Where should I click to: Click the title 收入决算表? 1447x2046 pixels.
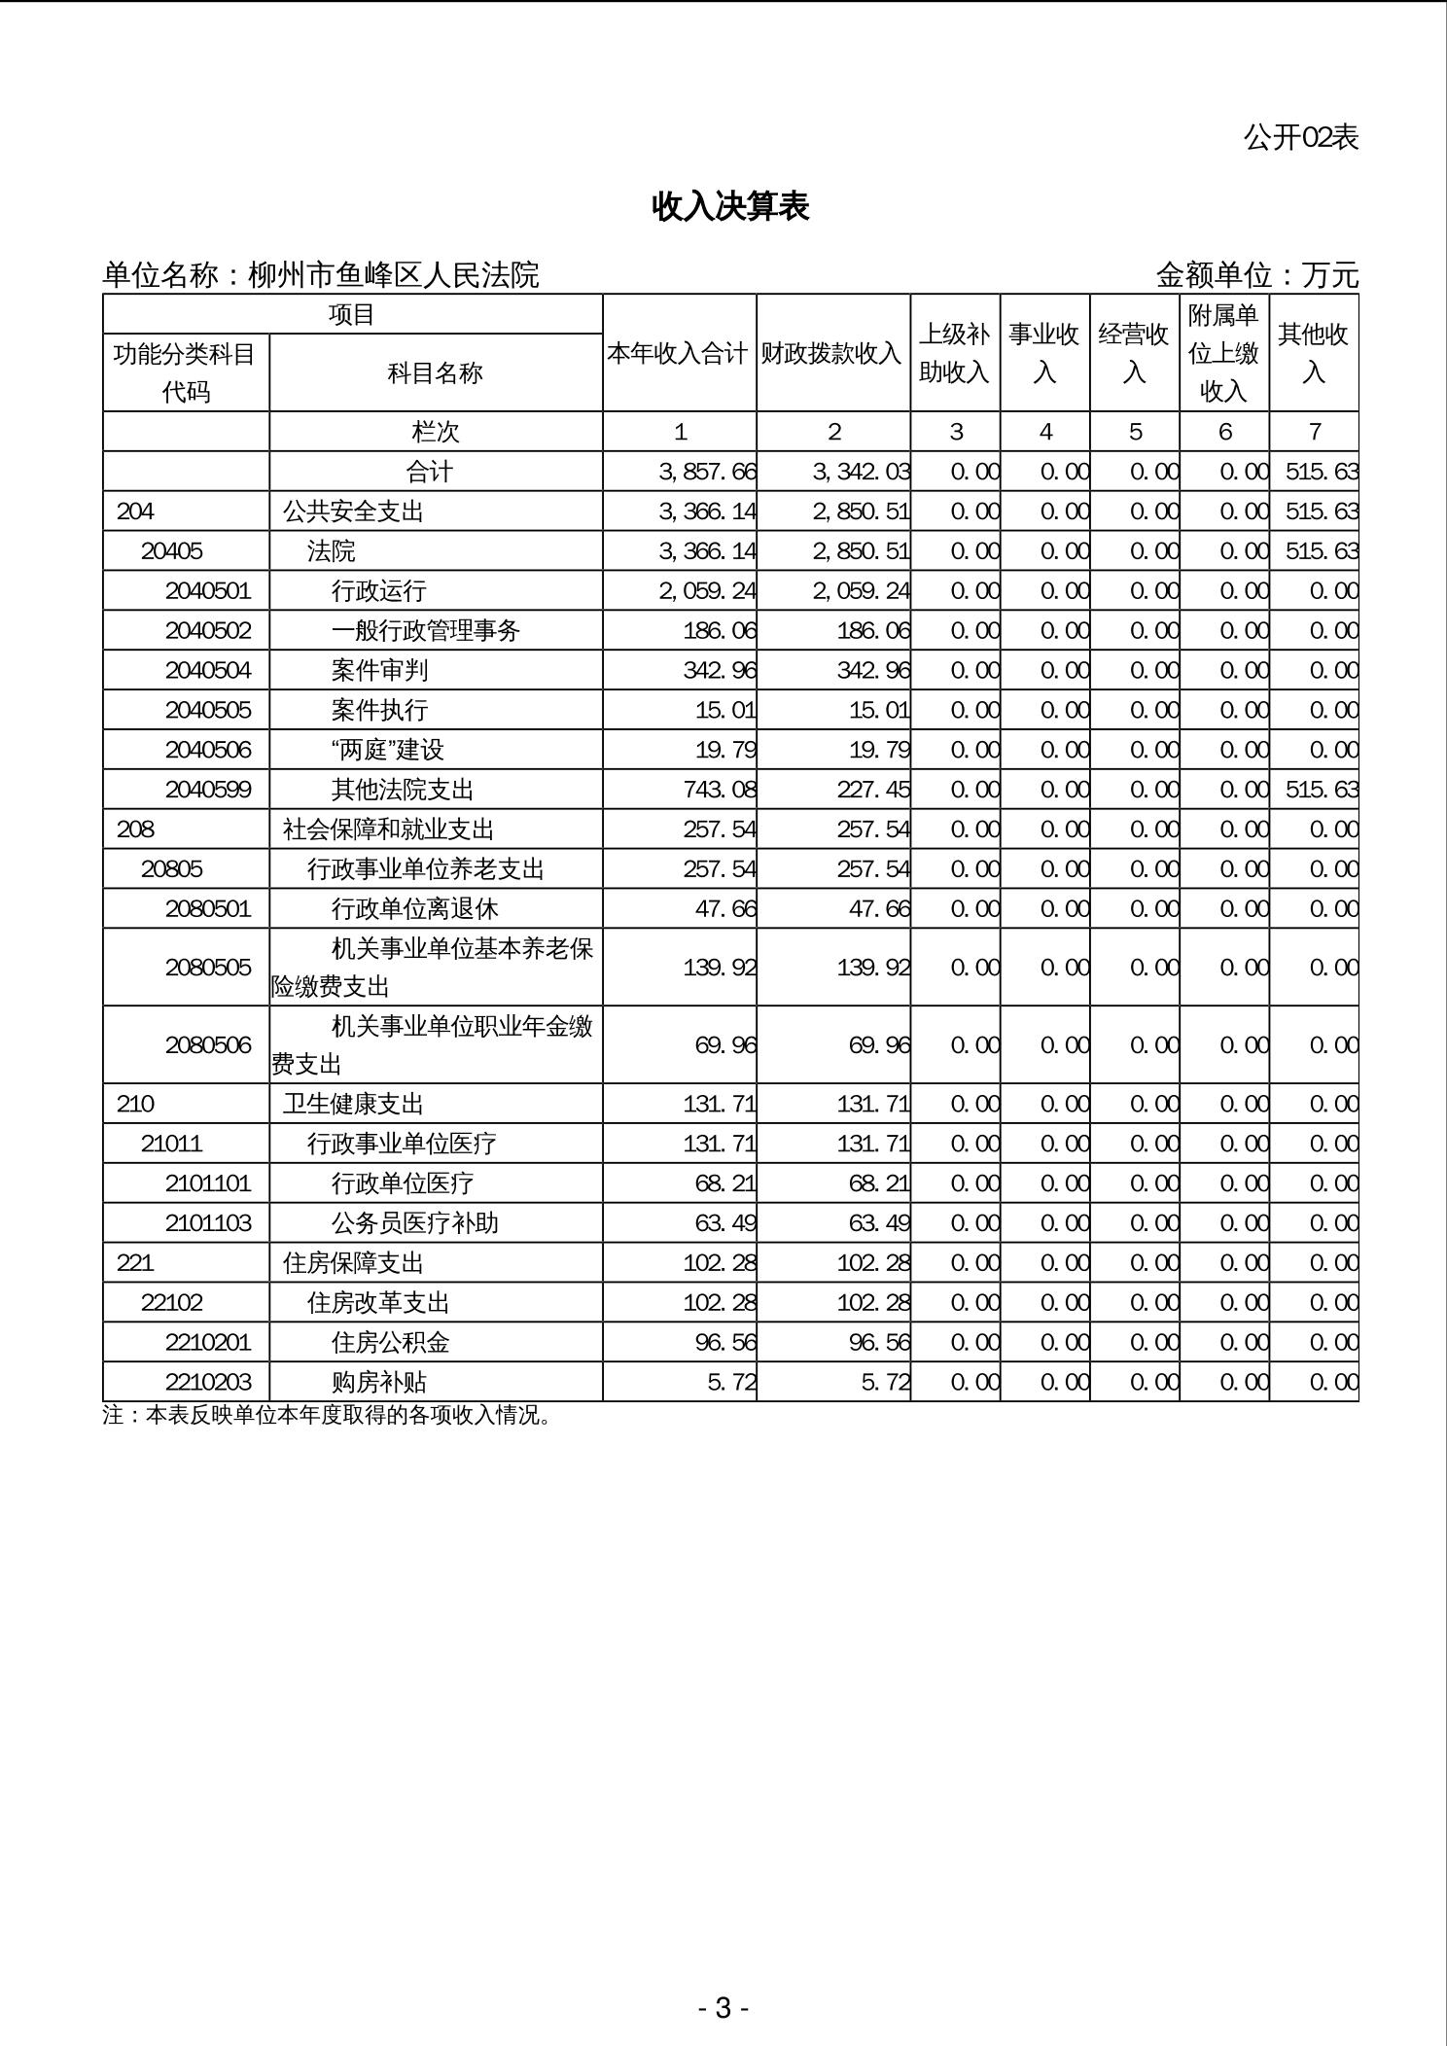click(730, 207)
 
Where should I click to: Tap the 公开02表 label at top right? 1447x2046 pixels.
click(1300, 138)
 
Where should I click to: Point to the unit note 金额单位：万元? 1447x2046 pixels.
click(1256, 276)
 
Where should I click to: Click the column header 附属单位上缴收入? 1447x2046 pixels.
click(1223, 353)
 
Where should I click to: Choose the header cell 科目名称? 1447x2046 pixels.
click(435, 372)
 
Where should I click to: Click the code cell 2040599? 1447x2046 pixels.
click(208, 790)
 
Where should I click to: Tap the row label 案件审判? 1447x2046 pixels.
click(379, 670)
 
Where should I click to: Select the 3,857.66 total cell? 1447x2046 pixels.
click(707, 473)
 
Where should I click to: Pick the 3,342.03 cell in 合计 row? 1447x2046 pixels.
click(862, 473)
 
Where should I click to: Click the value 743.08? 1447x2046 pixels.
click(720, 790)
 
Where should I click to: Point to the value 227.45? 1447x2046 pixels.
click(873, 790)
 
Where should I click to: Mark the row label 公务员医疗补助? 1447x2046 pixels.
click(415, 1223)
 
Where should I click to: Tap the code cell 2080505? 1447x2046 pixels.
click(208, 968)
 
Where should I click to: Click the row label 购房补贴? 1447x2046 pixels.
click(379, 1383)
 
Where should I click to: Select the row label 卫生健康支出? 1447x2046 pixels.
click(354, 1105)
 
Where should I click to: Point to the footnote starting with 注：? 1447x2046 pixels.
click(328, 1416)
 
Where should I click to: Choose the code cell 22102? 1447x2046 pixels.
click(172, 1303)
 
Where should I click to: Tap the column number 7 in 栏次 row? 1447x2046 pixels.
click(1314, 432)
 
